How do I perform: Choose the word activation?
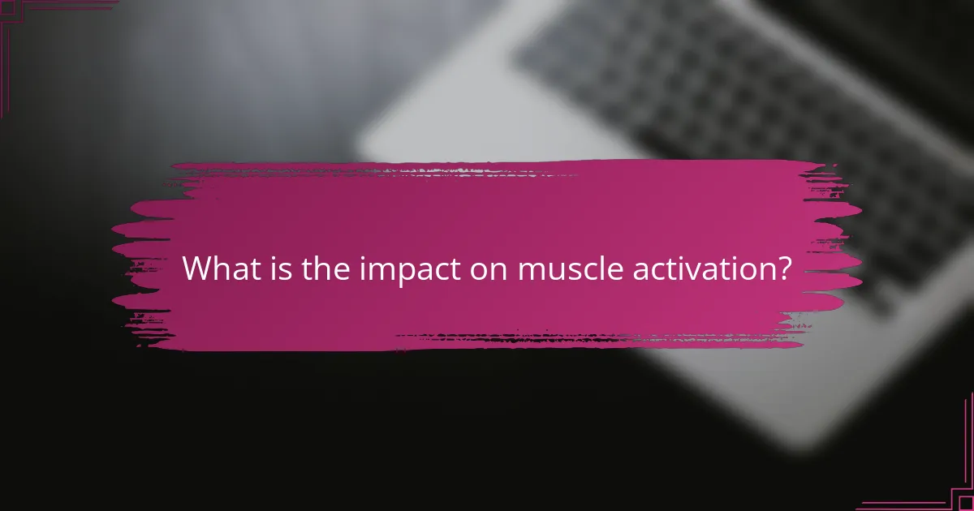[x=683, y=268]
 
